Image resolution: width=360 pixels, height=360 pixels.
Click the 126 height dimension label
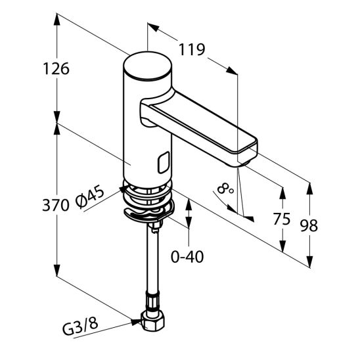point(55,68)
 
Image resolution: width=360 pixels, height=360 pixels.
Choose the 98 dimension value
point(308,225)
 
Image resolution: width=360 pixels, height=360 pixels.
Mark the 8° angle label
point(227,190)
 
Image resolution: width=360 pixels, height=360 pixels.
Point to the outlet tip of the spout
point(246,157)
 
